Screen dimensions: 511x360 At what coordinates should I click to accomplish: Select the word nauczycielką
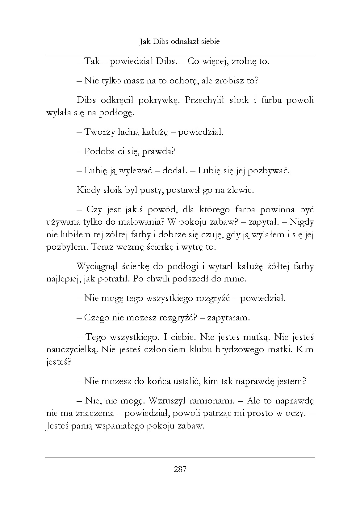[x=72, y=350]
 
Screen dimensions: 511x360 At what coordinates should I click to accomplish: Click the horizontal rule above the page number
[x=180, y=458]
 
